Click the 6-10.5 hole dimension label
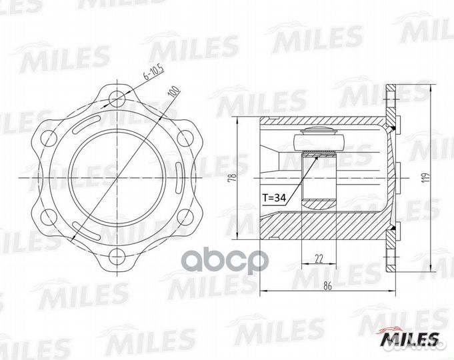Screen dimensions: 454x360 [154, 72]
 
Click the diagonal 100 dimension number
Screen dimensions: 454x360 [174, 91]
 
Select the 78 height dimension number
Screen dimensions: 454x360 [233, 177]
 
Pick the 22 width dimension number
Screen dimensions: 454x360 [319, 259]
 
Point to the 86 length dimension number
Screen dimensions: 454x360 [327, 285]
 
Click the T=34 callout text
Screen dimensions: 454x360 [274, 198]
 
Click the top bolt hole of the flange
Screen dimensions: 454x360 [117, 98]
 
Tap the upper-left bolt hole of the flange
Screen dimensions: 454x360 [49, 138]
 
